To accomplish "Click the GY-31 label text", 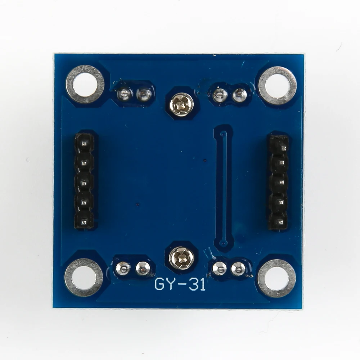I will click(x=180, y=284).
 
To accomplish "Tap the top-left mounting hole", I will click(x=85, y=84).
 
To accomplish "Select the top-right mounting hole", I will click(x=278, y=85).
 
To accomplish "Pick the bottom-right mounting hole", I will click(x=276, y=278).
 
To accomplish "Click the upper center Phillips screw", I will click(x=181, y=104).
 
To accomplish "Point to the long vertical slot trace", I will click(x=224, y=187).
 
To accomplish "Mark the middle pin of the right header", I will click(x=279, y=184).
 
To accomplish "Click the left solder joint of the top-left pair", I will click(x=124, y=94).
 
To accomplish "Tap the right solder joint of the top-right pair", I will click(x=239, y=95).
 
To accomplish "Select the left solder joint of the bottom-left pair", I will click(x=123, y=267).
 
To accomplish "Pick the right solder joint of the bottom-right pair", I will click(x=238, y=268).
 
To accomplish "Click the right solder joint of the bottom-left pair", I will click(x=143, y=267).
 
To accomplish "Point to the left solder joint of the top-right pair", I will click(x=220, y=95).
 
